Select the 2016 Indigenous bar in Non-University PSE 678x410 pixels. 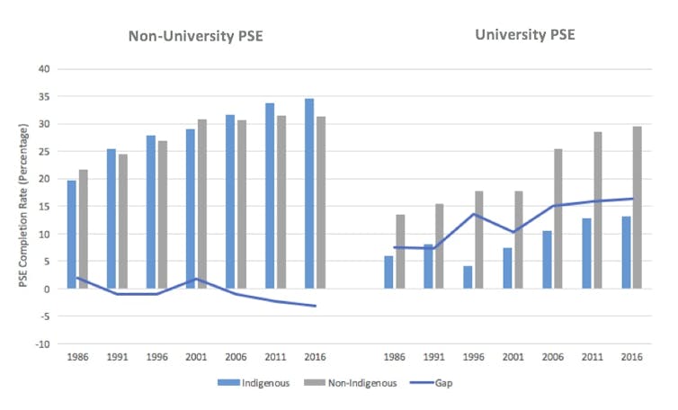point(309,193)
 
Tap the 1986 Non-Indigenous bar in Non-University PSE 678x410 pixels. point(84,229)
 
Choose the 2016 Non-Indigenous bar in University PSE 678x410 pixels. point(638,208)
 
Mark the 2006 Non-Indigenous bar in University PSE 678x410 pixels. point(558,218)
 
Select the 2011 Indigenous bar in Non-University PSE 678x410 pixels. point(270,196)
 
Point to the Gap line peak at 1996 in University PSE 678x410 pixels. point(474,214)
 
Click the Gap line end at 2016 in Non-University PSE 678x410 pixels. point(316,306)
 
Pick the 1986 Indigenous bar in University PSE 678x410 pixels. point(388,272)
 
